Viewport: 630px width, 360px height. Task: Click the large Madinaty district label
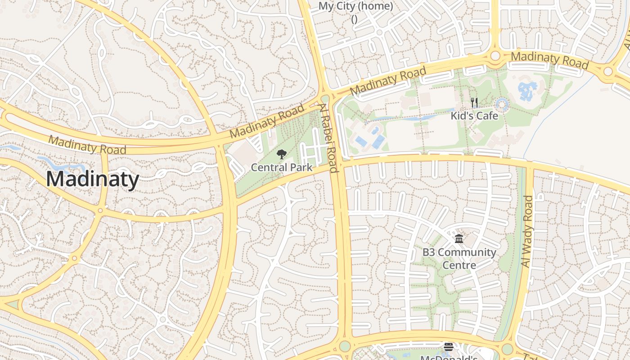93,179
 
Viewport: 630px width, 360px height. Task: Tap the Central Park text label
281,167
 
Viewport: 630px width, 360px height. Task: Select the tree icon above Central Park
282,155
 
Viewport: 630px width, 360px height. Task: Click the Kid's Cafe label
474,116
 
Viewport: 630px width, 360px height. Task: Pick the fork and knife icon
474,103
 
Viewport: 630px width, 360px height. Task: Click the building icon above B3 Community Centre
459,238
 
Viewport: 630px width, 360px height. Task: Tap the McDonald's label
449,358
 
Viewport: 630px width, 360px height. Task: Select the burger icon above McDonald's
449,346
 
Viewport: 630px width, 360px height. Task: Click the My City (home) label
355,6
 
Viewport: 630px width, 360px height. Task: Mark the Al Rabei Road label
329,138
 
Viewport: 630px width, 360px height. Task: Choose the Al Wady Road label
526,231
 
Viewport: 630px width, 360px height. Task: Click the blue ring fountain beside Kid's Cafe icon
502,105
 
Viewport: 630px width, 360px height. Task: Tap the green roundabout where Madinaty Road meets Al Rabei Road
325,98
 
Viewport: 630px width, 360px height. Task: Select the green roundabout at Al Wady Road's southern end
507,349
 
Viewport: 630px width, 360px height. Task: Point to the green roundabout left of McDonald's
345,346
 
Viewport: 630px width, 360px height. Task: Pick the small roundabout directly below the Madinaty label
100,210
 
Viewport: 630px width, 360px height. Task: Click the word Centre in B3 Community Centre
459,265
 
